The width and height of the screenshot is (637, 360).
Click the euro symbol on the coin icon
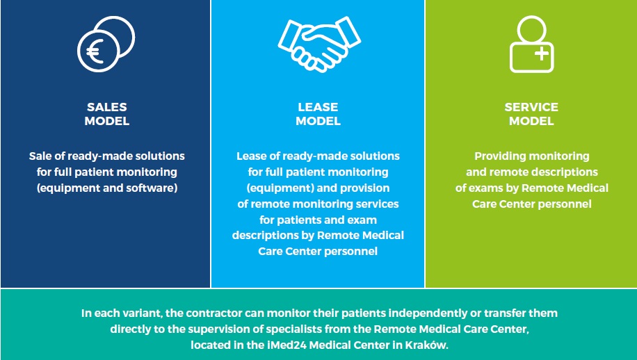click(95, 51)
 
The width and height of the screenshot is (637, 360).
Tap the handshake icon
click(319, 44)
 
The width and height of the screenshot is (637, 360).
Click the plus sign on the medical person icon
click(542, 54)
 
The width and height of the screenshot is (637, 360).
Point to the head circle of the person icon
click(532, 30)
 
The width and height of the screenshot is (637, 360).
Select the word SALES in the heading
click(107, 107)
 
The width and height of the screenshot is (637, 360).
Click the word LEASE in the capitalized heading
click(318, 107)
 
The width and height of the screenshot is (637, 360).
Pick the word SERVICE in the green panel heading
click(531, 107)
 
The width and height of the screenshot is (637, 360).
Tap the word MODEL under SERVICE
click(531, 121)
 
